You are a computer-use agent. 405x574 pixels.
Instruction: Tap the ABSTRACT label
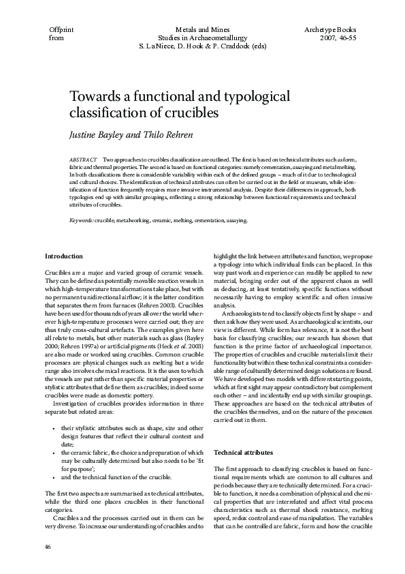pyautogui.click(x=83, y=158)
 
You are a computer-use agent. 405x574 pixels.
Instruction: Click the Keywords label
pyautogui.click(x=82, y=221)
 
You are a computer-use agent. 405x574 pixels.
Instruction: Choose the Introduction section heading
pyautogui.click(x=64, y=256)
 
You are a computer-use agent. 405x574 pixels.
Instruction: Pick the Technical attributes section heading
pyautogui.click(x=244, y=453)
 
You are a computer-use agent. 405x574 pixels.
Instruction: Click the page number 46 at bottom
pyautogui.click(x=48, y=547)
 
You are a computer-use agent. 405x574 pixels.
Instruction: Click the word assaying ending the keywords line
pyautogui.click(x=233, y=221)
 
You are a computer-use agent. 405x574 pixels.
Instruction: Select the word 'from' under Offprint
pyautogui.click(x=56, y=40)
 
